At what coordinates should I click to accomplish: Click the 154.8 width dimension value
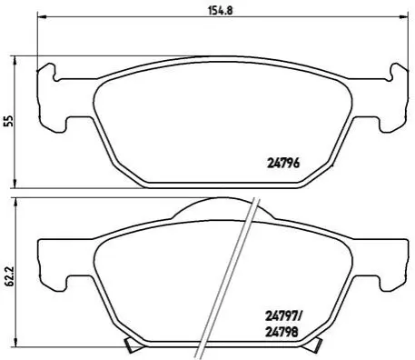[220, 11]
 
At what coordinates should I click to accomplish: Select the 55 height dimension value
[10, 121]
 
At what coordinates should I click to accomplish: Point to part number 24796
[283, 164]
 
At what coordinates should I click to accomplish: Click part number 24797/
[283, 317]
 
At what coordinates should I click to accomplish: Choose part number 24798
[282, 333]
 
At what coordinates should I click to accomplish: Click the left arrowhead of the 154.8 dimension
[41, 17]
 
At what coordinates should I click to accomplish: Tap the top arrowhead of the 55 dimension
[15, 61]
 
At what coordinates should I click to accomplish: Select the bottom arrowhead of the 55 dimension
[15, 184]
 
